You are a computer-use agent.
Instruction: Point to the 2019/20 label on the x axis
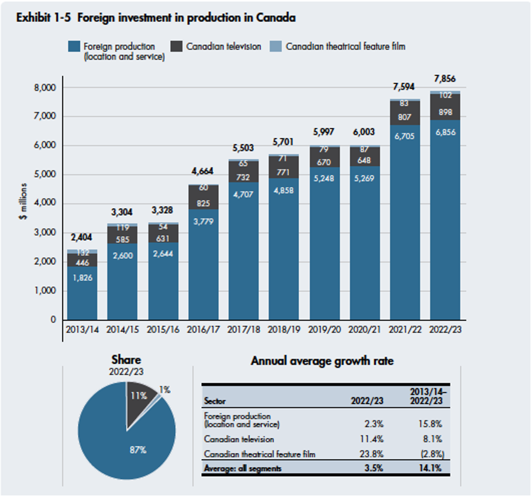pos(324,329)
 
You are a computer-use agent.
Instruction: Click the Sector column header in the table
pos(215,401)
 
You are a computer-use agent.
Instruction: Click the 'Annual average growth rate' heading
pos(322,361)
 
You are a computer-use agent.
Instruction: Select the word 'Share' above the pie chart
pos(126,360)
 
